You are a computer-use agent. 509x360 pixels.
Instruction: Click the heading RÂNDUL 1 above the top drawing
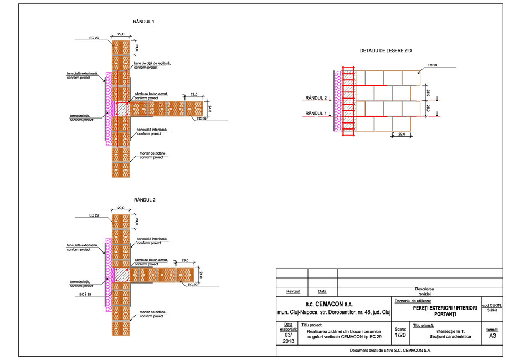point(143,22)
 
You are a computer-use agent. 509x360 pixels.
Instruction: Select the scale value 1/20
point(400,336)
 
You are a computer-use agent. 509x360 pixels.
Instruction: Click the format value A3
point(492,336)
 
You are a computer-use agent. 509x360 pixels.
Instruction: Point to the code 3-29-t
point(492,311)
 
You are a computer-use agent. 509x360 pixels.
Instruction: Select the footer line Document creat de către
point(391,351)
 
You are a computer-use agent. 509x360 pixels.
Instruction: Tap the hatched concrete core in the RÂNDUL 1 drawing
point(121,108)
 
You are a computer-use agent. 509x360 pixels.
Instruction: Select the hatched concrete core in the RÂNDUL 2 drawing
point(121,275)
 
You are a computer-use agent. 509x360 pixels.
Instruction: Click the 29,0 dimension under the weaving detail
point(402,134)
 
